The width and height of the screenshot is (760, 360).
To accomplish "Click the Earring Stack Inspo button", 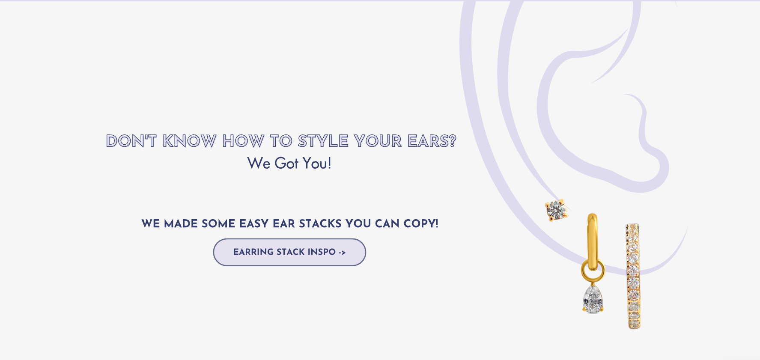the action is click(x=289, y=252).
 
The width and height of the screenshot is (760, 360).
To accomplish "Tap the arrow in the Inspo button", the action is click(x=342, y=253).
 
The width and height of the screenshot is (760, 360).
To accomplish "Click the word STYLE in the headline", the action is click(x=323, y=141).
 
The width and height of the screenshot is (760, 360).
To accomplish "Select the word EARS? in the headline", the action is click(x=432, y=141).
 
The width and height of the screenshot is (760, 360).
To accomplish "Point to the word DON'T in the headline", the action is click(x=131, y=141).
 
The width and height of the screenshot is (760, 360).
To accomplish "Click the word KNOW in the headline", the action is click(x=190, y=141).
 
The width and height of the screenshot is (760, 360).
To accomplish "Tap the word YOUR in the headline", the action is click(x=378, y=141).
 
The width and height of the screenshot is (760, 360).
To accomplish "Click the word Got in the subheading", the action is click(x=286, y=163).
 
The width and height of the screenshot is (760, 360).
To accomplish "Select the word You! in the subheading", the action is click(x=317, y=163).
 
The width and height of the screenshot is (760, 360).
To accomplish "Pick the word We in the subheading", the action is click(x=259, y=163).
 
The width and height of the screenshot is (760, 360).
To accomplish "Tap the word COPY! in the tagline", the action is click(x=421, y=223).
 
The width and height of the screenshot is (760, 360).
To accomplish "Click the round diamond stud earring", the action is click(x=556, y=210).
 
